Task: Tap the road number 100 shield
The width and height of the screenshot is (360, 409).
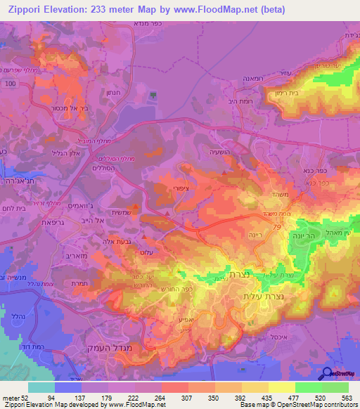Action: coord(9,84)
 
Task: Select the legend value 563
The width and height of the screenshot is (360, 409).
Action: coord(347,397)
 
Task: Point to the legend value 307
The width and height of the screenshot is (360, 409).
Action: coord(174,397)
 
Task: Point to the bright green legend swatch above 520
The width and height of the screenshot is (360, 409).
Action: coord(307,387)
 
